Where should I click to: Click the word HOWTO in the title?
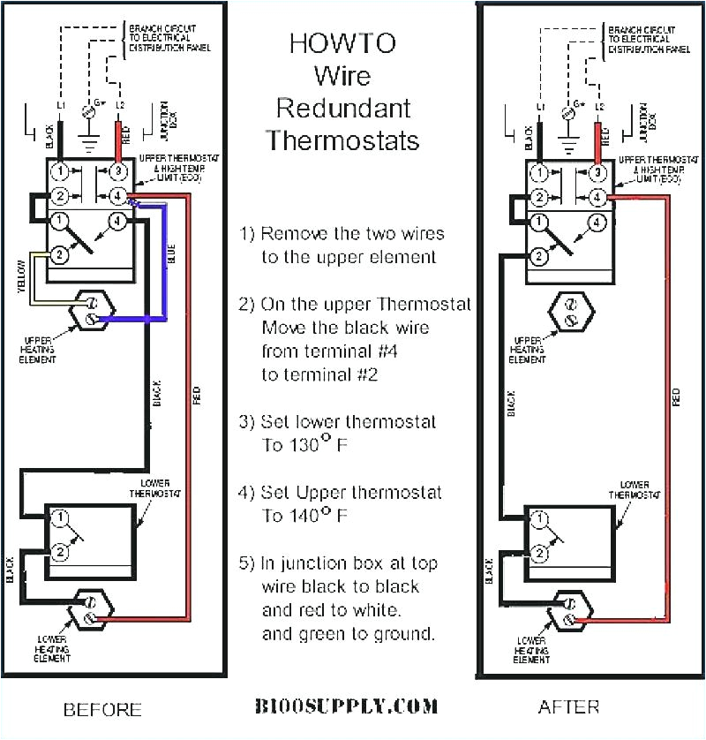pos(343,42)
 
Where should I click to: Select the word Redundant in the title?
pos(343,108)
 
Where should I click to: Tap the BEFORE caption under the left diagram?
pos(102,708)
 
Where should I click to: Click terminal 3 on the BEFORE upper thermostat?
pos(116,170)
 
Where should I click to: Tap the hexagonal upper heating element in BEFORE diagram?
pos(90,311)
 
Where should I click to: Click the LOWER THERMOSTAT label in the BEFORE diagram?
pos(157,488)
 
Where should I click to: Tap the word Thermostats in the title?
pos(343,140)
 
